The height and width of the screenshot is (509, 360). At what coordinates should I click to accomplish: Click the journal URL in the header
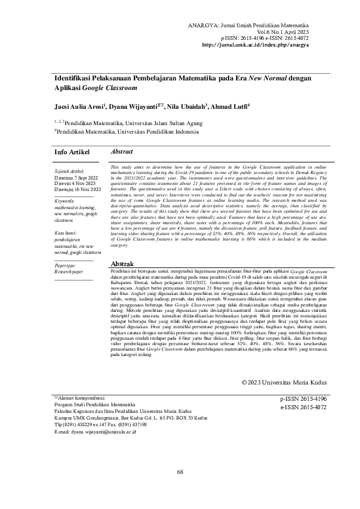point(255,44)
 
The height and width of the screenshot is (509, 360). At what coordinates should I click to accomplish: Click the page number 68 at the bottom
point(180,471)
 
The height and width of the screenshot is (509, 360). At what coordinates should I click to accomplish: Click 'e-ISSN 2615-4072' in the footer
point(303,407)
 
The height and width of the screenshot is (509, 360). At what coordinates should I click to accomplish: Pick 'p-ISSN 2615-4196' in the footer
point(303,400)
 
